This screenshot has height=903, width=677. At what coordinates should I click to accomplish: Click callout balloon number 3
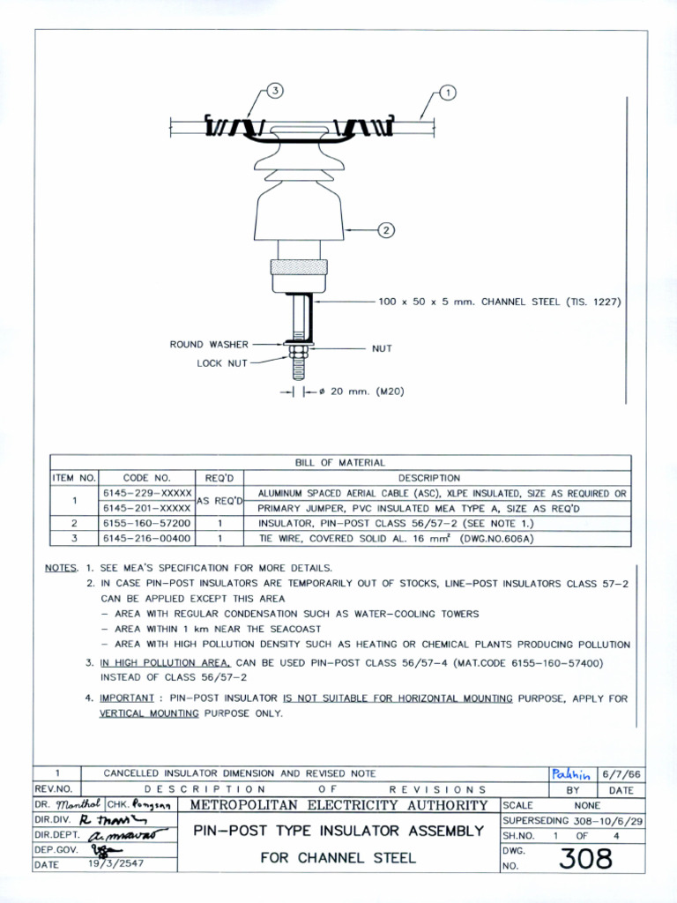(275, 92)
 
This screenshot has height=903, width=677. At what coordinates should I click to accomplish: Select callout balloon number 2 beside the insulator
(385, 230)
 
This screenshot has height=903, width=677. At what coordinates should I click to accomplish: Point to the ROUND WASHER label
(210, 345)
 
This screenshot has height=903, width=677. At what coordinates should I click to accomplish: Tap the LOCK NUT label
(222, 362)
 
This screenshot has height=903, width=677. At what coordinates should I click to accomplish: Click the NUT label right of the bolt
(382, 348)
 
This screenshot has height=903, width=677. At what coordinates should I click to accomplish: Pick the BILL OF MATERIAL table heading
(340, 463)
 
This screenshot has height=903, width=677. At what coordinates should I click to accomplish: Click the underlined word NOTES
(61, 569)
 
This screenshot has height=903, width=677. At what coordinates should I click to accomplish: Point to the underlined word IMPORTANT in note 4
(127, 698)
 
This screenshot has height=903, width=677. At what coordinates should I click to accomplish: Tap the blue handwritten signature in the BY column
(571, 773)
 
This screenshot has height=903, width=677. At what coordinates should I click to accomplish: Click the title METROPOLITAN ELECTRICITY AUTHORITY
(338, 805)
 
